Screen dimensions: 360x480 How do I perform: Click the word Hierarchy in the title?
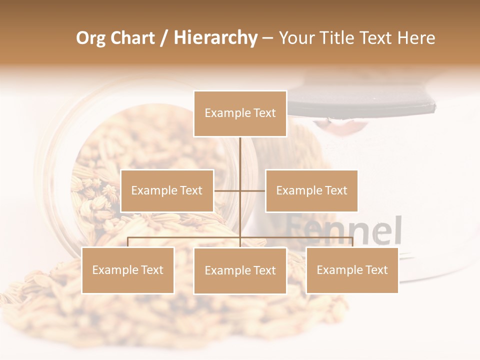(x=215, y=38)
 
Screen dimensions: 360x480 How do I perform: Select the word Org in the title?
(x=90, y=38)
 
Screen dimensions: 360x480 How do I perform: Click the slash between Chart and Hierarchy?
(x=164, y=38)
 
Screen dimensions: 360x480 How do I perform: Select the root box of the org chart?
(x=240, y=113)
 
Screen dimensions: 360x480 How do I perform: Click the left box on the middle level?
(x=167, y=190)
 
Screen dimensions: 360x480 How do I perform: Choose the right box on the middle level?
(x=311, y=190)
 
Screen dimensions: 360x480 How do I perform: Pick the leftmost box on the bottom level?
(x=127, y=270)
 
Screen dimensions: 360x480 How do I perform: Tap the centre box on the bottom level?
(x=240, y=270)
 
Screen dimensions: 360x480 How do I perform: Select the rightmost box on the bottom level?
(x=352, y=270)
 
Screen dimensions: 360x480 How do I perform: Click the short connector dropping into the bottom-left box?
(x=128, y=242)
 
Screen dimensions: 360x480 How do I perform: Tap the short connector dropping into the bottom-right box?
(x=352, y=242)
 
